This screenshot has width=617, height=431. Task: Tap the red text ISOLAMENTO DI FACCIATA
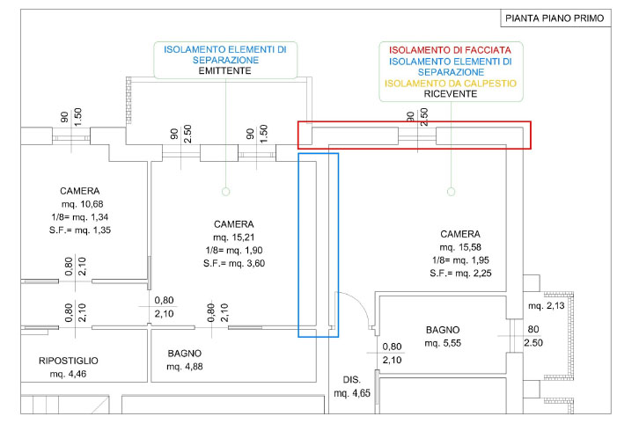450,50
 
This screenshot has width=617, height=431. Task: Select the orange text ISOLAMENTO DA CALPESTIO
450,84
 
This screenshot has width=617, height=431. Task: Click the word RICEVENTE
450,95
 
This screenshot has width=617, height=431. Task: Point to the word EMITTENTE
224,71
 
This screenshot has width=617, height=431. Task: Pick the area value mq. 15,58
459,248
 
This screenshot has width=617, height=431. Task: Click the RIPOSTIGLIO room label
69,361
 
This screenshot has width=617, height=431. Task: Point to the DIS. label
351,381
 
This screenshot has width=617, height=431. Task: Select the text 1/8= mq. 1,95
459,261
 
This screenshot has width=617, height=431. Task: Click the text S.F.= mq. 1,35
79,230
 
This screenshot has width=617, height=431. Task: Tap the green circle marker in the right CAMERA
450,190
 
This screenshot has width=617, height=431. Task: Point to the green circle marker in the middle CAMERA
224,190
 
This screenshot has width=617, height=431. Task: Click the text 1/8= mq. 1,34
79,217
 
